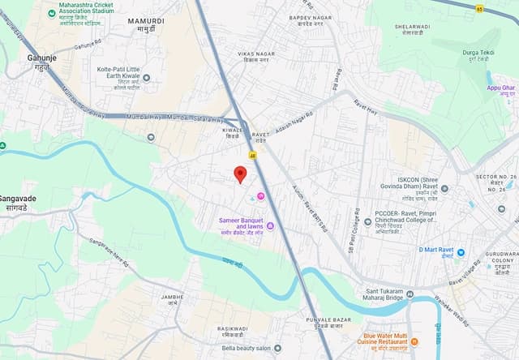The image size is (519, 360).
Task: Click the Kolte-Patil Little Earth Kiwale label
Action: click(128, 78)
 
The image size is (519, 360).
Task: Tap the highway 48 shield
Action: click(254, 154)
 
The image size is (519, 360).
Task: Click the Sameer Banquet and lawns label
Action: click(242, 224)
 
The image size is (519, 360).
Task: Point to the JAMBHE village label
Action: click(172, 300)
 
